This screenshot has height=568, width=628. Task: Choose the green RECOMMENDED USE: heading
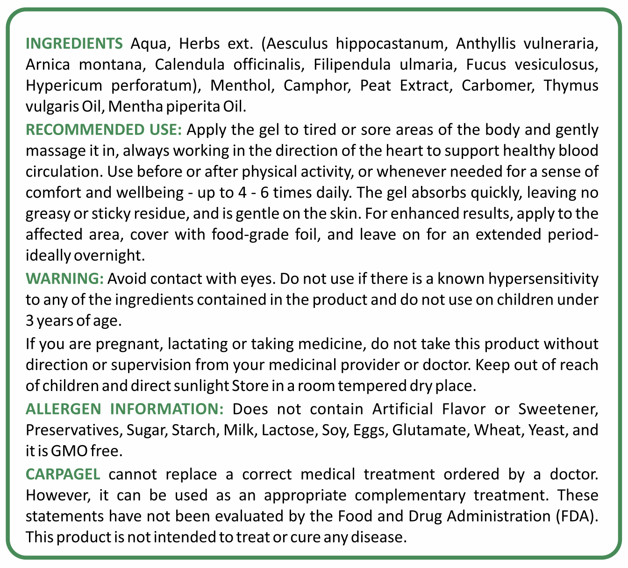[x=104, y=129]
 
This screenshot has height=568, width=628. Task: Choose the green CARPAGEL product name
[x=63, y=474]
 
